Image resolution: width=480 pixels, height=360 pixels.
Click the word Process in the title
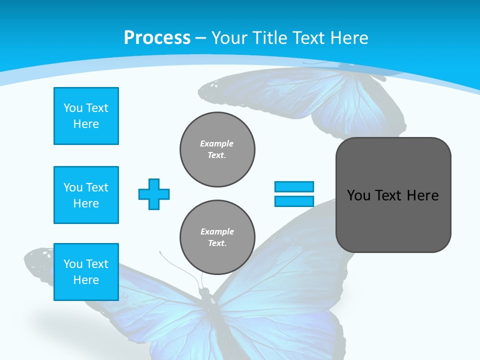[x=157, y=37]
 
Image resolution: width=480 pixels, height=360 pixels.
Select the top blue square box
[x=86, y=116]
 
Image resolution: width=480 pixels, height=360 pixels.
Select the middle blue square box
[x=86, y=195]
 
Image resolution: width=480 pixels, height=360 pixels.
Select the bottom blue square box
[x=86, y=272]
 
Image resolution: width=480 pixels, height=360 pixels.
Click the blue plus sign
[x=154, y=194]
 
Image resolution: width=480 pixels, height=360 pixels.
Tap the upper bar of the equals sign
[x=294, y=186]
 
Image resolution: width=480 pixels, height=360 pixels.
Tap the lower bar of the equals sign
[x=294, y=201]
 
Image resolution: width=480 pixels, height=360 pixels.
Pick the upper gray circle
[x=217, y=149]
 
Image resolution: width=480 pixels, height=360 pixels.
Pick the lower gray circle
[x=217, y=237]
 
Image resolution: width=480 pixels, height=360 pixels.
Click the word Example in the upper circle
[x=217, y=143]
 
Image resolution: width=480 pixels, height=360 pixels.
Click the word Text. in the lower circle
[x=217, y=243]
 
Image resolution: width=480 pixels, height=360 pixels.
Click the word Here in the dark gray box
[x=422, y=195]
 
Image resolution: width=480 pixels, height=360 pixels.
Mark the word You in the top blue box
[x=73, y=108]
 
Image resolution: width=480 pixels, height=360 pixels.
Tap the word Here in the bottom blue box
[x=86, y=280]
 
